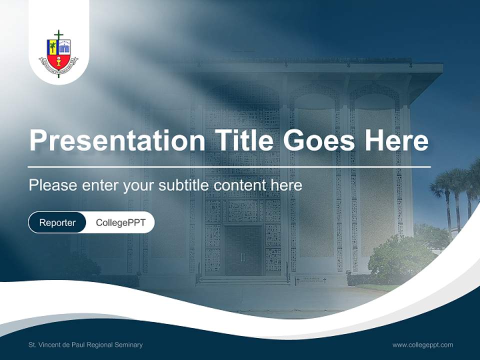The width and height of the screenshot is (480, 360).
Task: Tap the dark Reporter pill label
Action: click(57, 222)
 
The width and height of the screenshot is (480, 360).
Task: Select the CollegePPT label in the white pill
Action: click(120, 222)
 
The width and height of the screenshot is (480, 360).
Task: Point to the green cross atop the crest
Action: click(58, 35)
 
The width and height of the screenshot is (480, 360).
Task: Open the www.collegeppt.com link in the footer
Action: click(422, 344)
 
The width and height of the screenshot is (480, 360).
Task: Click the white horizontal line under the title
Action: click(229, 166)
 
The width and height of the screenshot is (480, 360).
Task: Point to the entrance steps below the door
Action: click(243, 281)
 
